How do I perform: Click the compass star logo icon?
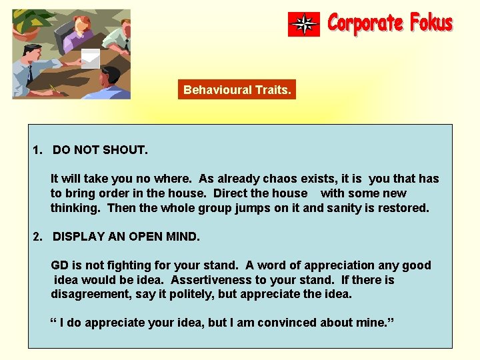point(304,25)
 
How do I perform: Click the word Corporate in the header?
point(366,24)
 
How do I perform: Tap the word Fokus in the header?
point(431,23)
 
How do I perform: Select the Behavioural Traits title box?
point(237,89)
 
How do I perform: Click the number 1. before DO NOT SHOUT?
point(38,150)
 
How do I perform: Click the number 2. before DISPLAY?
point(38,237)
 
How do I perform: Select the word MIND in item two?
point(183,237)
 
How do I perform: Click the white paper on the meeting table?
point(90,59)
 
